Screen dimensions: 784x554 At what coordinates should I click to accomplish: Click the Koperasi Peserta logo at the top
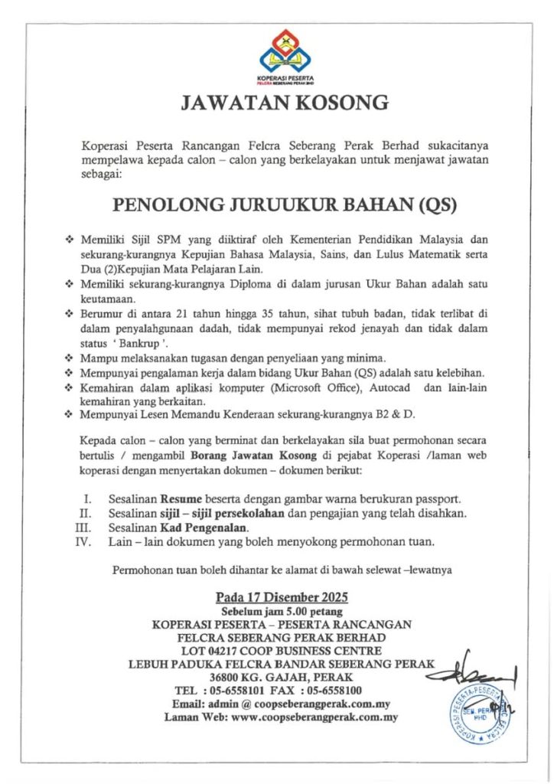[284, 57]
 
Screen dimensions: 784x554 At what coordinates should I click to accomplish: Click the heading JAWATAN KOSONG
[284, 103]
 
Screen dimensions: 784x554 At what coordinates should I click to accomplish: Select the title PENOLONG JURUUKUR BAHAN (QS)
[283, 205]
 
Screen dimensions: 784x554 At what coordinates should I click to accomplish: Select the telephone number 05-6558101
[249, 691]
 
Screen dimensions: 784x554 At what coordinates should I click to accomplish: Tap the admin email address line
[282, 704]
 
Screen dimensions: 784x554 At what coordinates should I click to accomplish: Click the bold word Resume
[192, 498]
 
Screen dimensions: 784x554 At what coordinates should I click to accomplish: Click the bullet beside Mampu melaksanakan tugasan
[70, 358]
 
